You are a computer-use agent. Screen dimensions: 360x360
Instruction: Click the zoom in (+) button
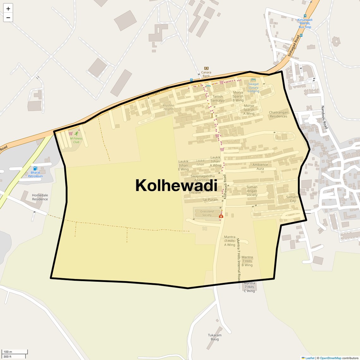click(8, 9)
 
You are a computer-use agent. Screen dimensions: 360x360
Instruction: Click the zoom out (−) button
click(8, 17)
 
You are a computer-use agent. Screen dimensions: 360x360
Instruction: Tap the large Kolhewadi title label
click(176, 185)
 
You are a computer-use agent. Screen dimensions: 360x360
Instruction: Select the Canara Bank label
click(206, 74)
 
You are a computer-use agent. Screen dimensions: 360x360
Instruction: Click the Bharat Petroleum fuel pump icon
click(35, 168)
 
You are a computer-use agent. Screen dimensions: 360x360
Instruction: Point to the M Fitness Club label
click(76, 140)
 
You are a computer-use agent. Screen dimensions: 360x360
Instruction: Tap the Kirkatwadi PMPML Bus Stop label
click(305, 23)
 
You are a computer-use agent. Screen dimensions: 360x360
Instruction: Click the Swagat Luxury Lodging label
click(253, 87)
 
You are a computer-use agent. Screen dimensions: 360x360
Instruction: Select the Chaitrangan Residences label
click(279, 114)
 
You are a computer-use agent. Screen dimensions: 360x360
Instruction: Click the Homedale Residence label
click(40, 197)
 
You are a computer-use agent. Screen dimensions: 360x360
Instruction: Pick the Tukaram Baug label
click(215, 337)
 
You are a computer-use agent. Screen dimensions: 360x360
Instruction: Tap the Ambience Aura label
click(260, 167)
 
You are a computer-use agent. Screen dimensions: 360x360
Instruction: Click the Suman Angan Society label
click(252, 191)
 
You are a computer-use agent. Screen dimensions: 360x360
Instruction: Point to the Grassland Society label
click(207, 213)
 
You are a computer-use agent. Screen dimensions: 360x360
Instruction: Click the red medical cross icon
click(221, 216)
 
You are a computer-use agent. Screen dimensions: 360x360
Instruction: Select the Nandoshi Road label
click(325, 117)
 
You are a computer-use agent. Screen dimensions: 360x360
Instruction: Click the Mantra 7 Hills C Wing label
click(249, 287)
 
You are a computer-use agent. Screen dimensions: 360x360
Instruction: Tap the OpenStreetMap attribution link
click(330, 358)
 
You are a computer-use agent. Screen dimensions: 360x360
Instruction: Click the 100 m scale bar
click(15, 352)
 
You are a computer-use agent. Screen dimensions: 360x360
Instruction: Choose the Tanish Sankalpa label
click(218, 99)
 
